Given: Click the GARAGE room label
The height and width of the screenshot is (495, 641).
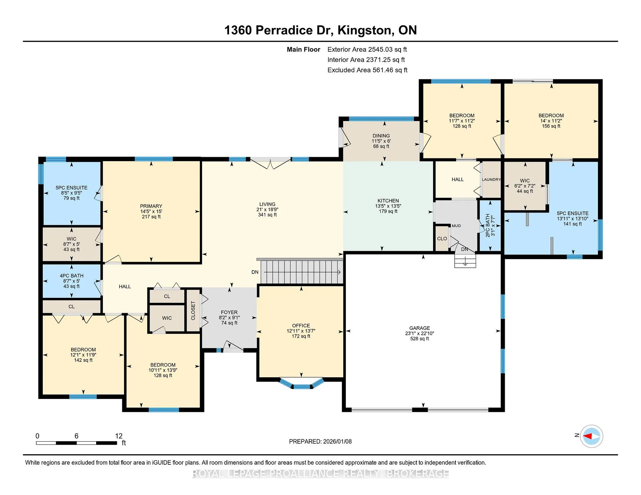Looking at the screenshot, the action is (420, 328).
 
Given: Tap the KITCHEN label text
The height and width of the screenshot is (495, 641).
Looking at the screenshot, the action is (388, 200).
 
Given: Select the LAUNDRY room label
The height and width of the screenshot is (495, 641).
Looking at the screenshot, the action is (491, 179).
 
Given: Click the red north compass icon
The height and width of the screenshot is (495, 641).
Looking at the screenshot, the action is (591, 436).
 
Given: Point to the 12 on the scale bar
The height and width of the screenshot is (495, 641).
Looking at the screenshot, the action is (119, 436).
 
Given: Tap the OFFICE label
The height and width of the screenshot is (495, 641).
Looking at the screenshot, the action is (301, 326).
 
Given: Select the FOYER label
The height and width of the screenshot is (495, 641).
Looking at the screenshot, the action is (229, 313).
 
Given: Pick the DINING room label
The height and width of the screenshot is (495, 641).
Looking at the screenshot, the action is (381, 136).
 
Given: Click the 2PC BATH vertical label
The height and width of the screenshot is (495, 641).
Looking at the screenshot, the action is (488, 225).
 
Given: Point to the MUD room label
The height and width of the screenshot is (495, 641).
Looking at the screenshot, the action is (456, 226).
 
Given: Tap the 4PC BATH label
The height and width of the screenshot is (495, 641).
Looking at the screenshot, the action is (72, 276).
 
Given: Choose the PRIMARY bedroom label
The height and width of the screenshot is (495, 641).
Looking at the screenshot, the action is (151, 206).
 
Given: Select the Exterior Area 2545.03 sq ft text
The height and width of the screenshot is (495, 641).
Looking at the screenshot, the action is (367, 49).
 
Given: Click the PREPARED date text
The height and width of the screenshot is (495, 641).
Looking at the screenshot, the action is (320, 441).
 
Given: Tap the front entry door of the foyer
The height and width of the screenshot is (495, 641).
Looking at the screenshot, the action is (233, 347).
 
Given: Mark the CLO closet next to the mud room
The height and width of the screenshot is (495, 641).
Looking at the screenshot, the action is (442, 238).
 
